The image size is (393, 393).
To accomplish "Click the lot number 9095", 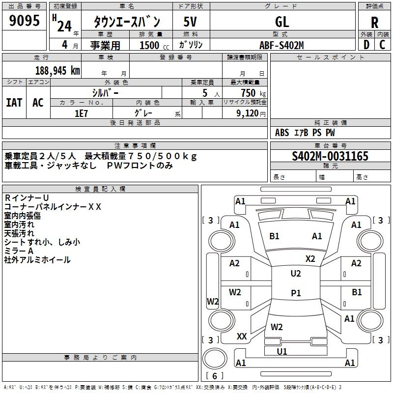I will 25,21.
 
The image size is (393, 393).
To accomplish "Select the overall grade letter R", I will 374,23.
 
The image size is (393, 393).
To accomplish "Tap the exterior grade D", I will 366,44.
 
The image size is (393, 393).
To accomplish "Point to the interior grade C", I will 382,44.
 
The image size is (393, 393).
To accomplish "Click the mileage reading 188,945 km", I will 57,70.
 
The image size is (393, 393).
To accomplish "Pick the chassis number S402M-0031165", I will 330,156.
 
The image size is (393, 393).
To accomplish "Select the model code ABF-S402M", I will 281,45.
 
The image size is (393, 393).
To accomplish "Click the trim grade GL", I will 282,22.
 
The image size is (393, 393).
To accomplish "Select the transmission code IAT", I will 14,103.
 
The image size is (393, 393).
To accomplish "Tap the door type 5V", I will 191,22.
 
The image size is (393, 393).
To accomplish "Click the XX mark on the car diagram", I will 242,337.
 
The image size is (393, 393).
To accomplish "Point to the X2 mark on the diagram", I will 310,259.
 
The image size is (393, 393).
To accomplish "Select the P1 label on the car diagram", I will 296,293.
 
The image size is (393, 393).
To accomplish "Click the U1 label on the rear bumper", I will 282,352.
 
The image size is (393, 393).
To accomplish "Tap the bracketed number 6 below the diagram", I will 215,376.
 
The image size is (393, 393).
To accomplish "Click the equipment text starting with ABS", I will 305,133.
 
